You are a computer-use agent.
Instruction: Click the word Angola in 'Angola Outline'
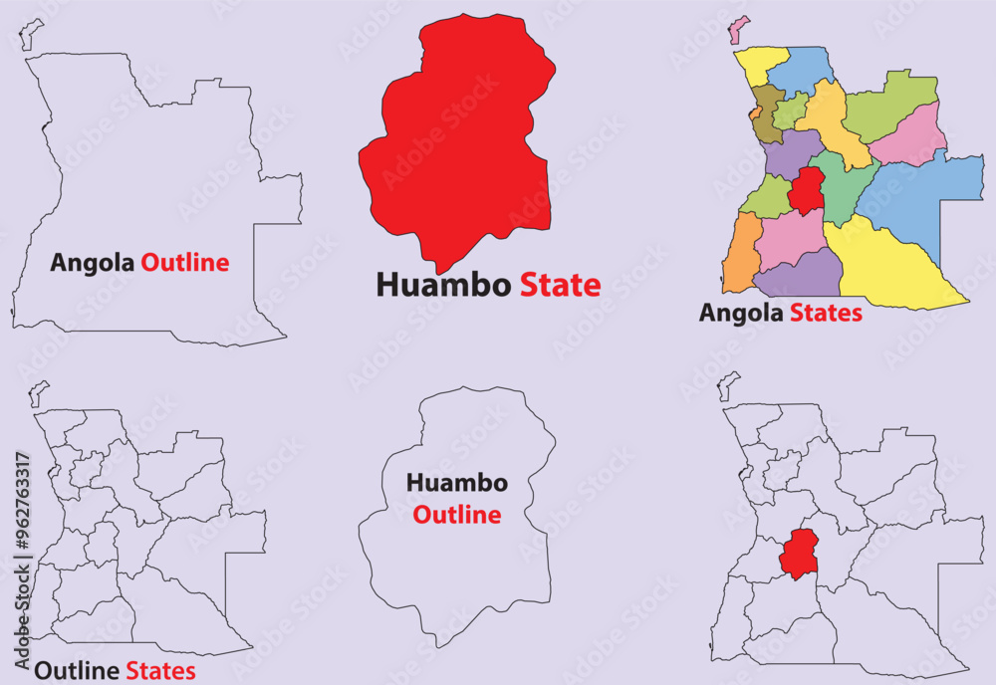[x=93, y=263]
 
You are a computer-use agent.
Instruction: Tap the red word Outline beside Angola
[x=184, y=263]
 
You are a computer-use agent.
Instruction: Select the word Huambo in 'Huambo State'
[x=443, y=286]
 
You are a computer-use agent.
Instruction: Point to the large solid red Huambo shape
[x=453, y=139]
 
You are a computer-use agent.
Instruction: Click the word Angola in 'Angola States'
[x=742, y=314]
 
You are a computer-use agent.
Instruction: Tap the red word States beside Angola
[x=826, y=314]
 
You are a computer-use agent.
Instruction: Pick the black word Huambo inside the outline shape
[x=456, y=484]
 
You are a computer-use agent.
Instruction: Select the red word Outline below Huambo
[x=456, y=516]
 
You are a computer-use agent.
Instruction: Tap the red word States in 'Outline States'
[x=160, y=671]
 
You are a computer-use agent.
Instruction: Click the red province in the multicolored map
[x=807, y=191]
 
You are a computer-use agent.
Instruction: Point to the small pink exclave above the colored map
[x=738, y=29]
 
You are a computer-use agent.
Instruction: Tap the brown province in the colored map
[x=766, y=115]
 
